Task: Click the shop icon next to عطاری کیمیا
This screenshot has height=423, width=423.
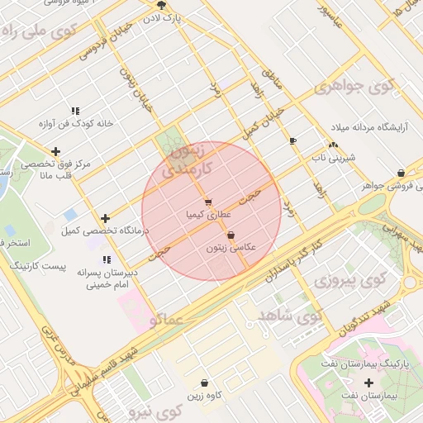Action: pyautogui.click(x=207, y=202)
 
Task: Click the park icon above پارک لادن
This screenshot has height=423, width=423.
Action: pyautogui.click(x=161, y=4)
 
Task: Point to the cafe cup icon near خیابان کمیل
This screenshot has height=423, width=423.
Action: pyautogui.click(x=292, y=141)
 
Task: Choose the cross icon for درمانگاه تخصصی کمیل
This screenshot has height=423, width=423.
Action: pyautogui.click(x=105, y=217)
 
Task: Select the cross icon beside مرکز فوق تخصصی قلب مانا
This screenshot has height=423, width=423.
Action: pyautogui.click(x=55, y=151)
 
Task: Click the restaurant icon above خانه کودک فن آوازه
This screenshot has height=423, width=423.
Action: pyautogui.click(x=75, y=111)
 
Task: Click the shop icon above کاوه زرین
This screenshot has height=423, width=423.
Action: pyautogui.click(x=204, y=383)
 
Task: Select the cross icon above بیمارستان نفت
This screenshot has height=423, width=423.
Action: pyautogui.click(x=368, y=383)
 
